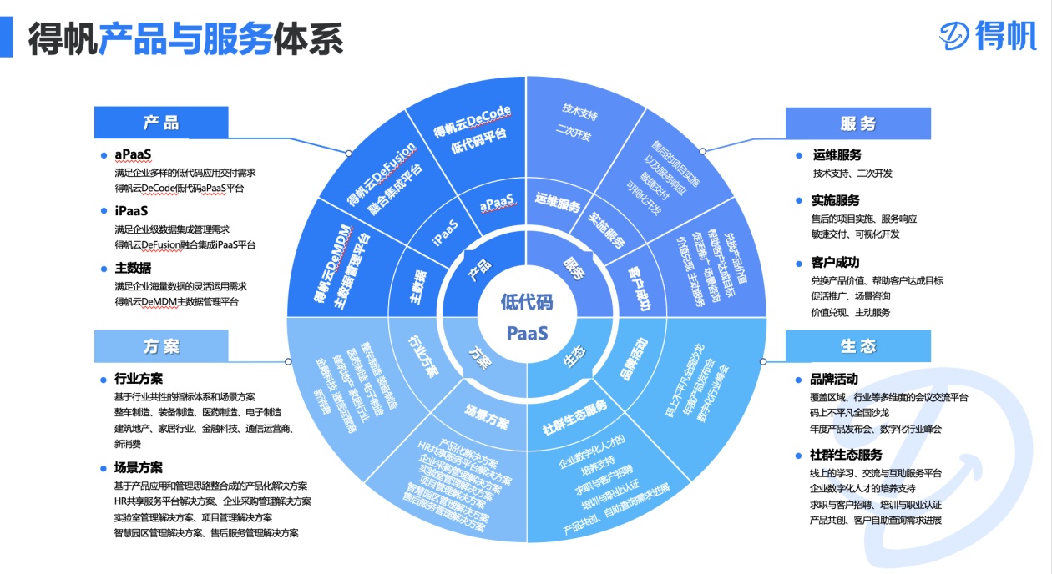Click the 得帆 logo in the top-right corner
(x=987, y=34)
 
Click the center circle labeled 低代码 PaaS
(x=527, y=317)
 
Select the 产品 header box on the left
(x=161, y=123)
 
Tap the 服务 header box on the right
(x=857, y=123)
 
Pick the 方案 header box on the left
(x=161, y=346)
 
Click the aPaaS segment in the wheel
(x=498, y=203)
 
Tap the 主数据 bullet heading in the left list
(x=133, y=268)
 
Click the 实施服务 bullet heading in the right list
(x=836, y=200)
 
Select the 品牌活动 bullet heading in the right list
(x=834, y=379)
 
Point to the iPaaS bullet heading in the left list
(x=131, y=211)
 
